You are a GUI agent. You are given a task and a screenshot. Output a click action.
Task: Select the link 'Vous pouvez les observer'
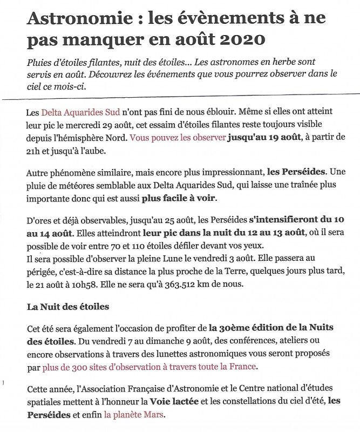pos(178,138)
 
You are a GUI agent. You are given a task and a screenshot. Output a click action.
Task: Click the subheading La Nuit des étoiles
pos(68,307)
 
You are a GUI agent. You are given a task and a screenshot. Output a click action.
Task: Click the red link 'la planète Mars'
pos(135,415)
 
